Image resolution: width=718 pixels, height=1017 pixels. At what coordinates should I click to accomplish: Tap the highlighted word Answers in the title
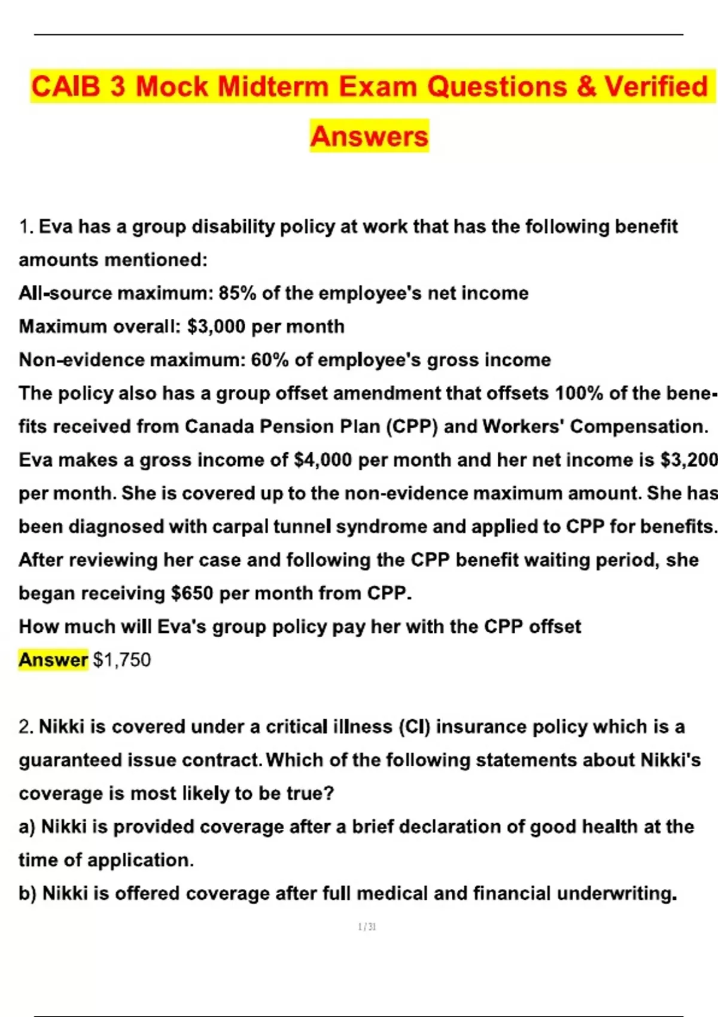click(x=369, y=136)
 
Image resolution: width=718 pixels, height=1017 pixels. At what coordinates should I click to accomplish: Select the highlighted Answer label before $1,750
click(x=53, y=660)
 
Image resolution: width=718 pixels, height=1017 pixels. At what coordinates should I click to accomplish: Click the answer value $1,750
click(x=122, y=660)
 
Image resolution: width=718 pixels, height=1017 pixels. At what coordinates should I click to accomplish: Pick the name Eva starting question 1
click(x=56, y=227)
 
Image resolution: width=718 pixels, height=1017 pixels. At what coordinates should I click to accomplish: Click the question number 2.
click(x=26, y=727)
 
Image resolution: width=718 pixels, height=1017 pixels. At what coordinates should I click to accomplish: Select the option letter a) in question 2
click(x=27, y=827)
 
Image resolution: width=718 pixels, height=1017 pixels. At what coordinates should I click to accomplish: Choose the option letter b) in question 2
click(x=28, y=894)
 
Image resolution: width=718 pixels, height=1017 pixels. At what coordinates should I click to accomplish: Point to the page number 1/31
click(x=367, y=927)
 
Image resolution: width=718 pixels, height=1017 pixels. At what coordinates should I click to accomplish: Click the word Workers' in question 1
click(x=523, y=427)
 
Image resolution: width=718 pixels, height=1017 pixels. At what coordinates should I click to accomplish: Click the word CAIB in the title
click(x=66, y=86)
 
